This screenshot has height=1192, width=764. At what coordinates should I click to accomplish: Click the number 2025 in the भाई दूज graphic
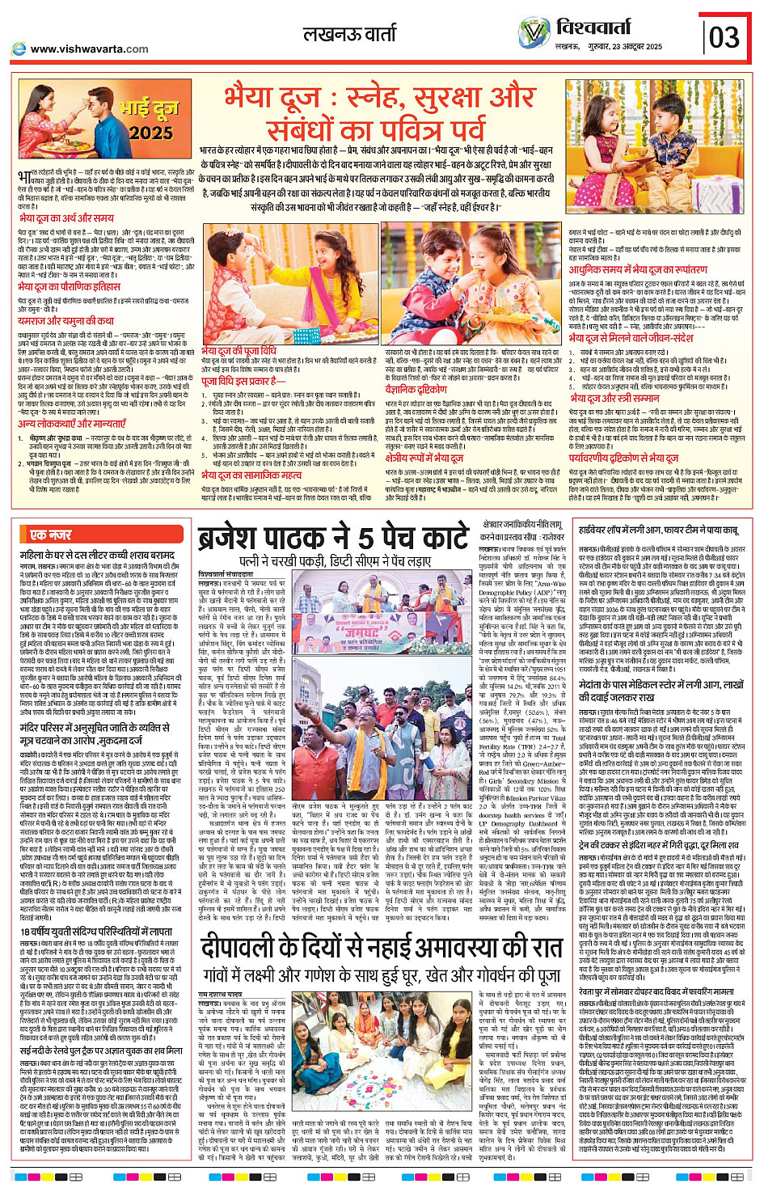[150, 133]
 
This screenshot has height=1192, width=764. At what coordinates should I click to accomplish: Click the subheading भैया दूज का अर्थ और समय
[66, 218]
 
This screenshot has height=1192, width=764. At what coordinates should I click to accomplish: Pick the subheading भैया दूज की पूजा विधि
[239, 351]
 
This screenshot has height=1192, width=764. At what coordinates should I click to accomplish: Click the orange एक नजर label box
[50, 535]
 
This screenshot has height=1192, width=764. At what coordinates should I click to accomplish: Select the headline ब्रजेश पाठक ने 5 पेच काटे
[333, 538]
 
